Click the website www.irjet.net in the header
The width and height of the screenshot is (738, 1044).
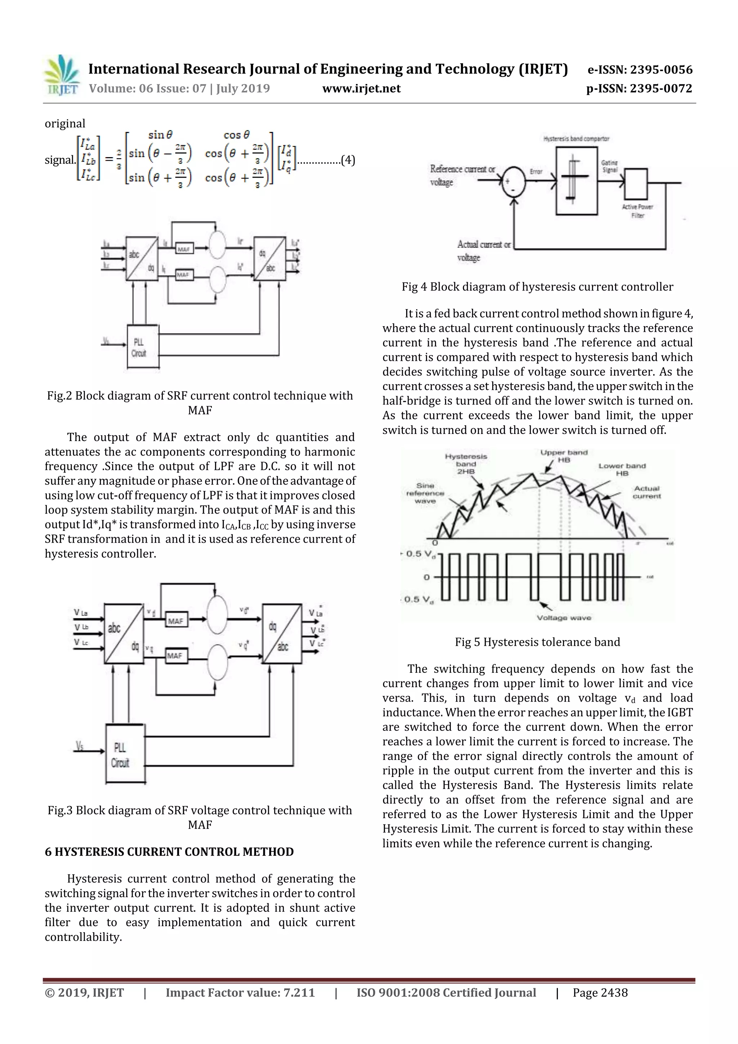tap(361, 89)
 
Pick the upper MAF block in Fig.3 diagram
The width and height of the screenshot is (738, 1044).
tap(175, 621)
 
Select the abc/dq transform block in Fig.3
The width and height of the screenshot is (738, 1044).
tap(124, 634)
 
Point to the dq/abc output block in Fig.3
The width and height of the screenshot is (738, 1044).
tap(281, 634)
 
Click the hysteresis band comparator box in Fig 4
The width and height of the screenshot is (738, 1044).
tap(576, 181)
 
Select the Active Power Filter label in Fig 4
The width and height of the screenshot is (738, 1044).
tap(637, 211)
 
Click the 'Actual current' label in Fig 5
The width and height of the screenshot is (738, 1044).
tap(646, 492)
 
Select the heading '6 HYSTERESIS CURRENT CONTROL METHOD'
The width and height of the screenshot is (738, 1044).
tap(169, 852)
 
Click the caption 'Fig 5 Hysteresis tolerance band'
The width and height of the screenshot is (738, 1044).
tap(537, 642)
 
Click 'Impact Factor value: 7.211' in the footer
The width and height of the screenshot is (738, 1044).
tap(240, 992)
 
